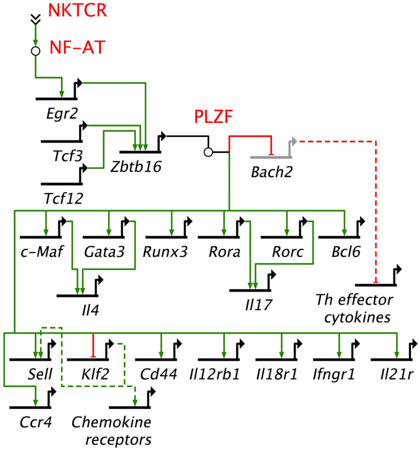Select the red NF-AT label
tap(77, 47)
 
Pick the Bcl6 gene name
tap(339, 252)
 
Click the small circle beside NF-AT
tap(35, 51)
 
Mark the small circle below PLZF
tap(208, 152)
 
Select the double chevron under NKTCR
tap(35, 18)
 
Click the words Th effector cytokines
tap(354, 308)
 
